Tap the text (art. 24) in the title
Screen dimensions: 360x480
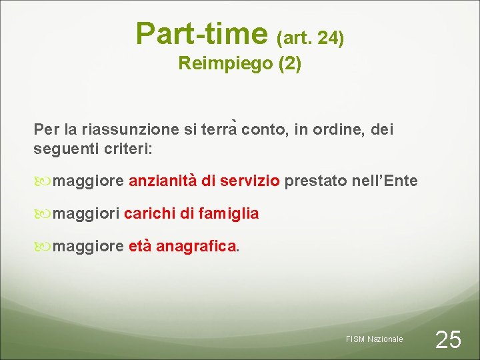click(310, 39)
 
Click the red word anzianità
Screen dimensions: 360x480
click(163, 181)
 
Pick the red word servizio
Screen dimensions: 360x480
click(249, 181)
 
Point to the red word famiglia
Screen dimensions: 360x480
click(227, 214)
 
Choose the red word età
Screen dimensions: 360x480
click(139, 247)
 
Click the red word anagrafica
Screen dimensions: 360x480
click(196, 247)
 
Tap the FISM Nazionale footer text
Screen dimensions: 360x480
click(374, 339)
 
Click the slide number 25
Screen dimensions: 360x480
click(447, 340)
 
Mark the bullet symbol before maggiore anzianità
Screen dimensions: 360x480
click(45, 181)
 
